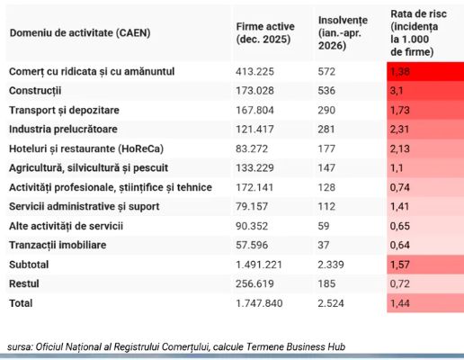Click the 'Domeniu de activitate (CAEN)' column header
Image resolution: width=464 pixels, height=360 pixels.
pos(80,32)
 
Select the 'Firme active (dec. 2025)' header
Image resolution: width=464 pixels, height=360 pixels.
pos(265,32)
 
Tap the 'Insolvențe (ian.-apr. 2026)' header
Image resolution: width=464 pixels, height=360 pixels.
pos(343,32)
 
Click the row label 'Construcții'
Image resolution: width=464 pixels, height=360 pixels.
pos(35,91)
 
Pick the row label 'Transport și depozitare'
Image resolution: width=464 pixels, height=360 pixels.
pos(64,110)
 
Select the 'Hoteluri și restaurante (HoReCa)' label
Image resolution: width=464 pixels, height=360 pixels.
pos(86,148)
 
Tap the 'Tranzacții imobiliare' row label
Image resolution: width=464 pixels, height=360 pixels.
pos(58,245)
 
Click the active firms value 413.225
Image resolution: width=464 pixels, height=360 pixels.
pos(254,71)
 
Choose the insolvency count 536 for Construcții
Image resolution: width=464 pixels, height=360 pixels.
pos(326,91)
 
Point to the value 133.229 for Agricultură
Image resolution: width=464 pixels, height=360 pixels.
pos(254,168)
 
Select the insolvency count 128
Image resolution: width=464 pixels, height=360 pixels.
pos(326,187)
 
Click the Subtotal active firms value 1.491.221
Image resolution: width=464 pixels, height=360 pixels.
pos(259,265)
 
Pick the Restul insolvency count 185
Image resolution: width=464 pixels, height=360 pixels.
pos(326,283)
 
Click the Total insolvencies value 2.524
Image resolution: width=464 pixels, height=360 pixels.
pos(331,303)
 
